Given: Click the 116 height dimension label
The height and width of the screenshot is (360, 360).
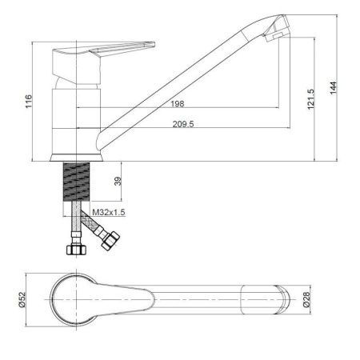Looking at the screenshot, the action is [x=29, y=101].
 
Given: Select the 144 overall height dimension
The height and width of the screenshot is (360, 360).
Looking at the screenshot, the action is [x=334, y=87].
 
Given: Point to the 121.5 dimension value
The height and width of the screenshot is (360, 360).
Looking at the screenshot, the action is [x=310, y=99].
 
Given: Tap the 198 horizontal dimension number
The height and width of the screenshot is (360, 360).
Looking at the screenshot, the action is [x=178, y=104].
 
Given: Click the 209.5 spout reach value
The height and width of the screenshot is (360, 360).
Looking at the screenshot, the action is [x=183, y=124].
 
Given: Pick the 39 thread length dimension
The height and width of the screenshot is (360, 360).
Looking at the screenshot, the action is [x=118, y=182].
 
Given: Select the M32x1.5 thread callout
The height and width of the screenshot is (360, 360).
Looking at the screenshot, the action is [x=109, y=212].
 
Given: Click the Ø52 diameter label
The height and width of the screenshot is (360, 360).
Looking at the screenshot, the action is [x=22, y=299].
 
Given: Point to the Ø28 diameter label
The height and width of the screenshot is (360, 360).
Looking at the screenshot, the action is [x=306, y=299].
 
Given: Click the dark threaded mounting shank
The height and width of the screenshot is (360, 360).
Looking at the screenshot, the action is [x=76, y=182].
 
